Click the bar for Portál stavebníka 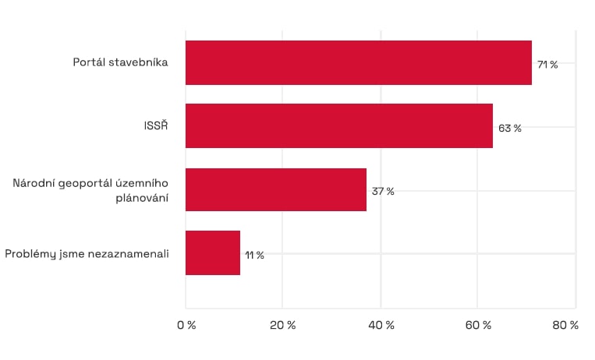[358, 62]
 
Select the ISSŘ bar [338, 125]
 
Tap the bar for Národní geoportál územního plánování [275, 189]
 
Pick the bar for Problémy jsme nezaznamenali [212, 252]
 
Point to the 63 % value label [510, 128]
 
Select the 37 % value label [383, 192]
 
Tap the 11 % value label [255, 255]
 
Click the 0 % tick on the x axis [186, 325]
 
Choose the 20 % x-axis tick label [283, 325]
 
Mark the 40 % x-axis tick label [381, 325]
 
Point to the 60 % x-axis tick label [478, 325]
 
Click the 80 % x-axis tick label [566, 325]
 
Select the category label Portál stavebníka [121, 62]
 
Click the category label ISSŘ [155, 126]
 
